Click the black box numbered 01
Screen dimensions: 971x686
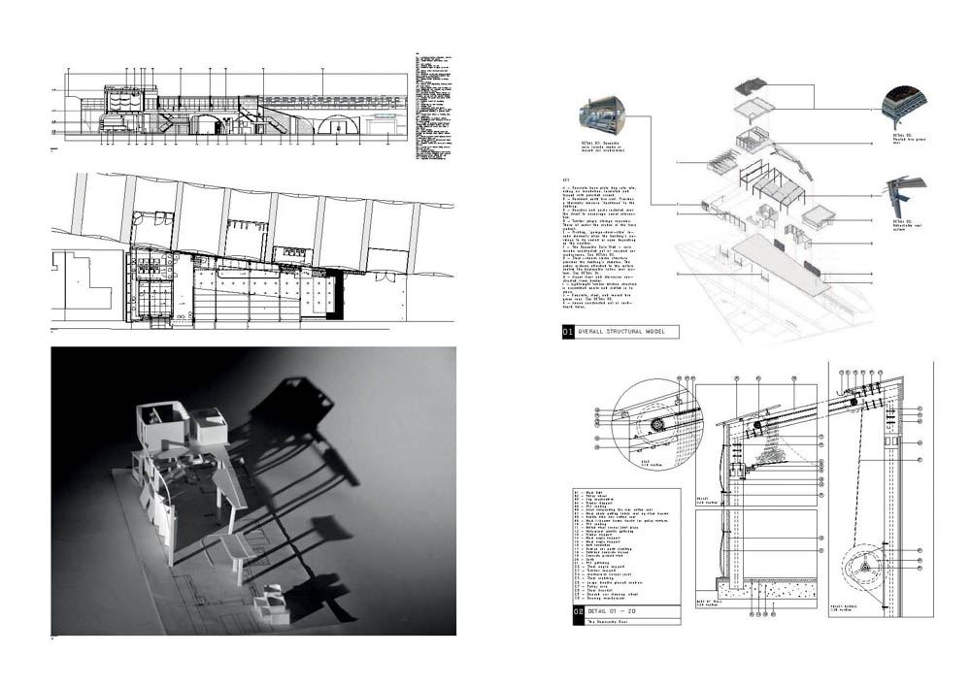(568, 332)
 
